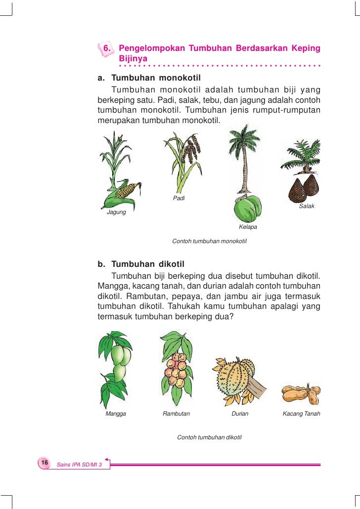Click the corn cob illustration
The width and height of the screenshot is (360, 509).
pyautogui.click(x=126, y=191)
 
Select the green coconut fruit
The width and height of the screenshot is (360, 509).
pyautogui.click(x=248, y=208)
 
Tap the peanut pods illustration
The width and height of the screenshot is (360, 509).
pyautogui.click(x=300, y=394)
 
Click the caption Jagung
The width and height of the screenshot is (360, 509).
pyautogui.click(x=117, y=212)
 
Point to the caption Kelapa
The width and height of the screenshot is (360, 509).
pyautogui.click(x=248, y=227)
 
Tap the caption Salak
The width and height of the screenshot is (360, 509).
pyautogui.click(x=307, y=206)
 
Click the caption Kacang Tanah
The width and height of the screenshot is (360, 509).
pyautogui.click(x=301, y=414)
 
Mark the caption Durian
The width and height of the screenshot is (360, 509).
pyautogui.click(x=240, y=414)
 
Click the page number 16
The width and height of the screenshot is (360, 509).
pyautogui.click(x=44, y=462)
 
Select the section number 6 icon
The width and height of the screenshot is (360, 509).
pyautogui.click(x=106, y=49)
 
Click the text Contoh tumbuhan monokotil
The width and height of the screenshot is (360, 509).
pyautogui.click(x=209, y=242)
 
